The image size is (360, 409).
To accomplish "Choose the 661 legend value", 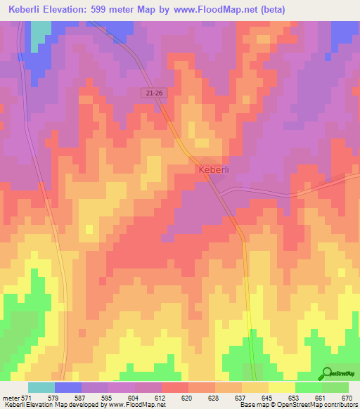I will click(320, 397).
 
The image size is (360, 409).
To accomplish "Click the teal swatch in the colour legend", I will click(41, 387).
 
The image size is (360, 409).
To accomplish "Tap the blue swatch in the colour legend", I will click(68, 387).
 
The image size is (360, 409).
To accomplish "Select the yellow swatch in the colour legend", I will click(281, 387).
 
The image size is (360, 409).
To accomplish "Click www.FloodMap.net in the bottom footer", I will click(139, 405).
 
